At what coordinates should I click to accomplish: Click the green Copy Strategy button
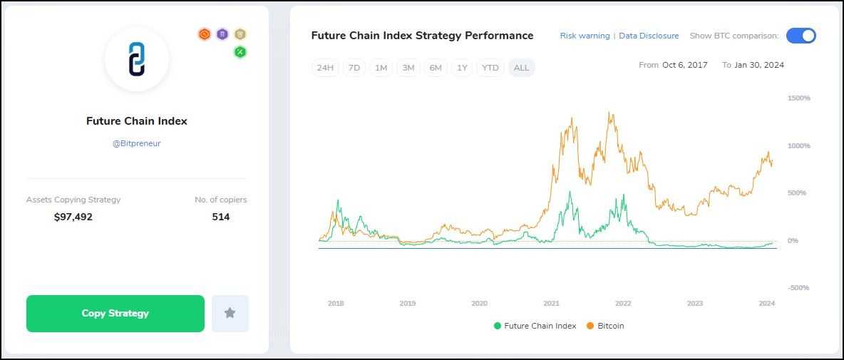pos(115,314)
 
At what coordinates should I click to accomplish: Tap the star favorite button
pos(230,314)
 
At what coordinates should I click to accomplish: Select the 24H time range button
pos(325,68)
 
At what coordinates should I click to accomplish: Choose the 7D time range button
pos(354,68)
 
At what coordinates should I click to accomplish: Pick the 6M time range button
pos(435,68)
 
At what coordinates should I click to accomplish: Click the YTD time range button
pos(490,68)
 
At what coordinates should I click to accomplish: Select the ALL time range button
pos(521,68)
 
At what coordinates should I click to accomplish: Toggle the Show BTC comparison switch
pos(801,36)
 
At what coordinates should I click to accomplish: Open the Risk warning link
pos(585,36)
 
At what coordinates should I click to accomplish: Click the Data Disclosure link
pos(649,36)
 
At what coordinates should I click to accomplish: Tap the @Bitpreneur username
pos(136,143)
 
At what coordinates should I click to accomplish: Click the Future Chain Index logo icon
pos(136,59)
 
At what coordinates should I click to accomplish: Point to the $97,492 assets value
pos(73,217)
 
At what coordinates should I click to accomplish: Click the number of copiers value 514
pos(221,217)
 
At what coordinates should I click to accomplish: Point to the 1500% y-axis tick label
pos(798,98)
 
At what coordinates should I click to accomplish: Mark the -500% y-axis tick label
pos(798,288)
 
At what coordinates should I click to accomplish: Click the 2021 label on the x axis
pos(551,304)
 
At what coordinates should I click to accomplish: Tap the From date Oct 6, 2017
pos(684,65)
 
